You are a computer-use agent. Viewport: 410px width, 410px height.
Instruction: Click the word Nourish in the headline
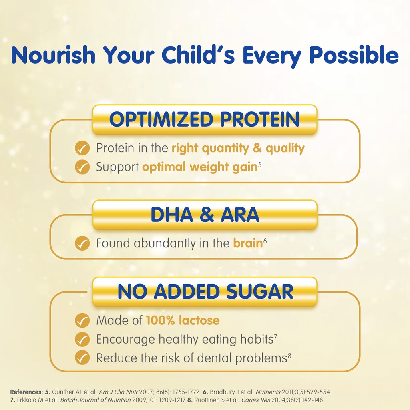(x=53, y=55)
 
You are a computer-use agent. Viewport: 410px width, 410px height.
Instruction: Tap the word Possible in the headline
(x=354, y=55)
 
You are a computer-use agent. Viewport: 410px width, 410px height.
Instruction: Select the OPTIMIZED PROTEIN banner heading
(x=205, y=119)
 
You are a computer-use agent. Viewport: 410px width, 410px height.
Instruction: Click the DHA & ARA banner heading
(x=205, y=215)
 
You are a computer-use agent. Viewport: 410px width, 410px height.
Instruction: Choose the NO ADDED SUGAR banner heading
(x=205, y=291)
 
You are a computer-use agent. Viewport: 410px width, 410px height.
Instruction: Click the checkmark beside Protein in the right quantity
(x=82, y=148)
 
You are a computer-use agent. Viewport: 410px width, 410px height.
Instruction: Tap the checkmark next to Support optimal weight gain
(x=82, y=167)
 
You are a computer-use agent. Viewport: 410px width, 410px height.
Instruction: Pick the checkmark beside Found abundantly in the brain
(x=82, y=243)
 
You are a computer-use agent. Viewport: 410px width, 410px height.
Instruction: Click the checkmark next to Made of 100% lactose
(x=82, y=320)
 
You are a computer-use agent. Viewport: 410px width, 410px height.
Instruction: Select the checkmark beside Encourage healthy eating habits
(x=82, y=339)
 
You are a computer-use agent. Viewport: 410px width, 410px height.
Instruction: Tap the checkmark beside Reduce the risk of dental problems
(x=82, y=358)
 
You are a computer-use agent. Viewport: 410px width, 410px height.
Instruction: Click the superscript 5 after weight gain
(x=260, y=165)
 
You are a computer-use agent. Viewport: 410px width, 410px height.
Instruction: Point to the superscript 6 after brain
(x=265, y=241)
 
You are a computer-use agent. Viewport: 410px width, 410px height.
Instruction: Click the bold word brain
(x=248, y=243)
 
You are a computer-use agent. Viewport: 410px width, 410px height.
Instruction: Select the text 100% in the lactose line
(x=160, y=320)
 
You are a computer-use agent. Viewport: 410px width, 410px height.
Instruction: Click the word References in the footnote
(x=26, y=392)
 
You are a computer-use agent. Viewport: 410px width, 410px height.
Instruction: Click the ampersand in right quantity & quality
(x=257, y=148)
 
